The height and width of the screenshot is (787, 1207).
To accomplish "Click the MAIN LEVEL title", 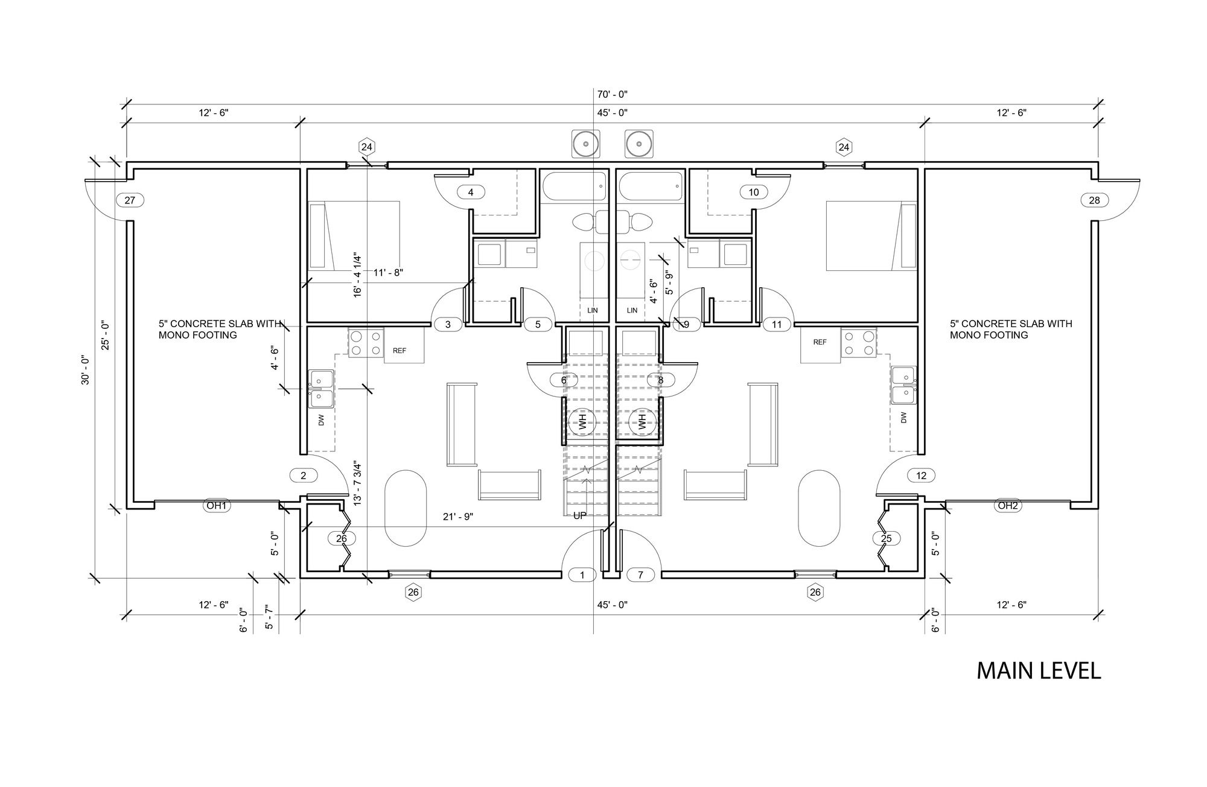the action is coord(1039,671).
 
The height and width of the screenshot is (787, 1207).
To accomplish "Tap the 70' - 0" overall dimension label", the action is coord(613,94).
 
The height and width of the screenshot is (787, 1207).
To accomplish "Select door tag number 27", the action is coord(130,200).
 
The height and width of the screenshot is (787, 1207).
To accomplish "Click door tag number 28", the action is coord(1095,200).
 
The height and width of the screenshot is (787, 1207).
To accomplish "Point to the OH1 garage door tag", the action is coord(215,506).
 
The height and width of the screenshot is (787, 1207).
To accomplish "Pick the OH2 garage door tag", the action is coord(1007,506).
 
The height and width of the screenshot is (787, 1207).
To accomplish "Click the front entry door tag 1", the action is coord(582,575).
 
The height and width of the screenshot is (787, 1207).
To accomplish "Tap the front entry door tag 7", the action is coord(641,575).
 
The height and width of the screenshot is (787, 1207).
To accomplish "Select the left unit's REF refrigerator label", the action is coord(400,351).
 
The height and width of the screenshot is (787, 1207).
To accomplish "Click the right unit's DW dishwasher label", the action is coord(903,417).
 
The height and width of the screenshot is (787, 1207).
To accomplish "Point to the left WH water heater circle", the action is coord(582,421).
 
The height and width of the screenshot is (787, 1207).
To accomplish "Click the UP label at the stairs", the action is coord(580,515).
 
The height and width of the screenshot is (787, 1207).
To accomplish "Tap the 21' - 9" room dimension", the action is coord(458,517).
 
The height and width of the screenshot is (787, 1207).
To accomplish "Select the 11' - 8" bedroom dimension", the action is coord(388,272).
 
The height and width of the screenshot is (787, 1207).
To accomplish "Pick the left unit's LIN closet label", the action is coord(593,310).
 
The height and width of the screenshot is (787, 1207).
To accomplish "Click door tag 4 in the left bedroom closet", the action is coord(471,193).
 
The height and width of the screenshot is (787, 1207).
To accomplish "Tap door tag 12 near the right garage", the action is coord(921,476).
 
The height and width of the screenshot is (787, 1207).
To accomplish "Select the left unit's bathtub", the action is coord(574,186).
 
